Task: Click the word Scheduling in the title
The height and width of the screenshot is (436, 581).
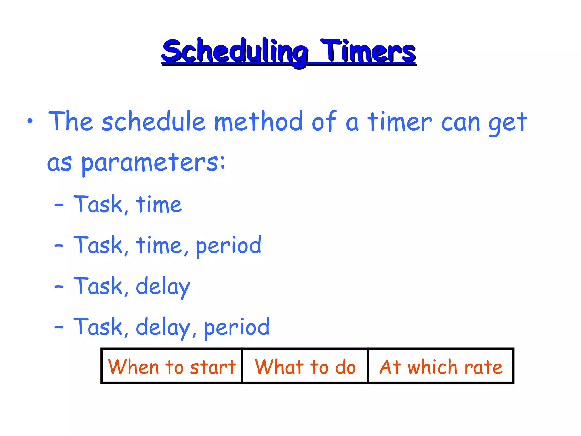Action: point(235,52)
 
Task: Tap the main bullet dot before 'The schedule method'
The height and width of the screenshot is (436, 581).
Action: point(30,121)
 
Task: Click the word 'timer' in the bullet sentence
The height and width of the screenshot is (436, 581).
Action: point(399,122)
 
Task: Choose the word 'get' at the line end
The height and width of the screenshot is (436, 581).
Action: point(508,123)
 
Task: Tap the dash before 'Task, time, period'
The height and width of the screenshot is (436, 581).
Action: point(59,245)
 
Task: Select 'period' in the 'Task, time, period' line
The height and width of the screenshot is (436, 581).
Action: point(229,246)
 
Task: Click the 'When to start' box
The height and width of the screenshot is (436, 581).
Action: point(172,366)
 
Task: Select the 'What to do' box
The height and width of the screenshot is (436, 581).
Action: point(305,366)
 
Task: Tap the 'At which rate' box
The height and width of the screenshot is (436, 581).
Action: point(441,366)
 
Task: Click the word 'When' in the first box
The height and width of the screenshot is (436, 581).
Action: point(133,367)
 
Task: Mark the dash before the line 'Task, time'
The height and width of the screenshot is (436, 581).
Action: point(59,204)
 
